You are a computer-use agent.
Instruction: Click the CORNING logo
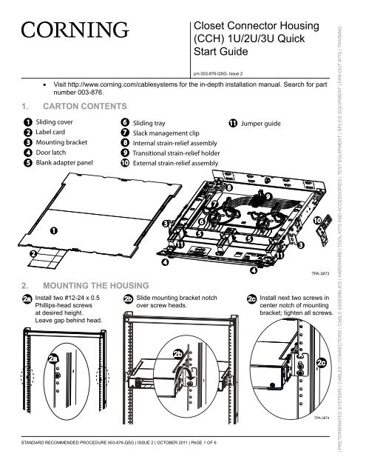point(72,33)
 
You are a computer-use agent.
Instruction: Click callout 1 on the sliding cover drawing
point(55,231)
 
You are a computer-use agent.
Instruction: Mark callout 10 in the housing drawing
point(316,221)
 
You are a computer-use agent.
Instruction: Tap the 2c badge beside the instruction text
point(252,299)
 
